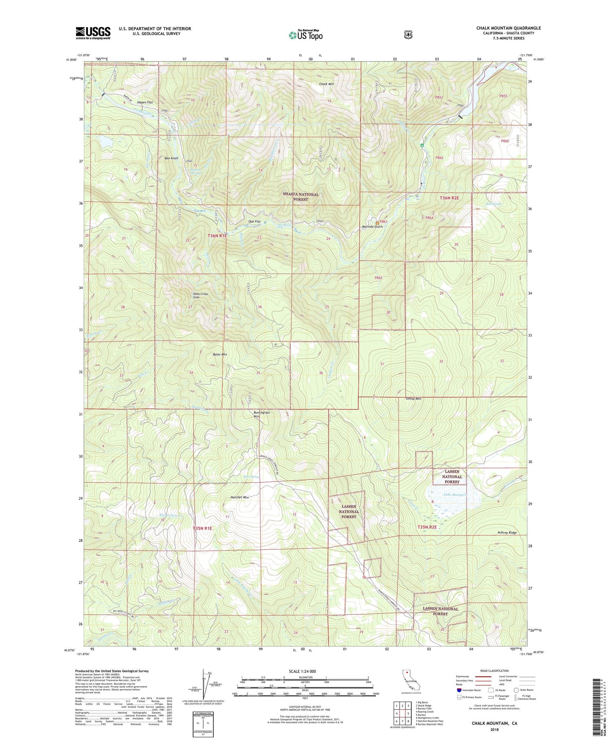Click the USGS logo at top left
[x=93, y=33]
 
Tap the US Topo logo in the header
[x=305, y=35]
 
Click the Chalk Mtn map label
[x=326, y=84]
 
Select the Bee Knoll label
[x=171, y=158]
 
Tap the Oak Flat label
[x=254, y=221]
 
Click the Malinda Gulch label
[x=372, y=227]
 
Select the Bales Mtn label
[x=220, y=354]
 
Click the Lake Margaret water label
[x=455, y=495]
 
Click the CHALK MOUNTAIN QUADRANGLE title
[x=508, y=28]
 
